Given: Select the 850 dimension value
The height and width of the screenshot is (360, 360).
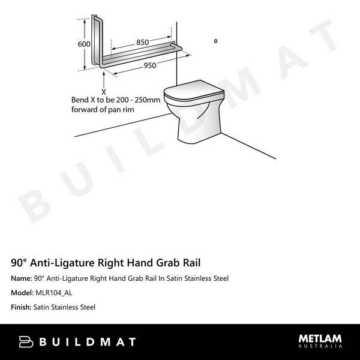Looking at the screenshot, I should point(142,43).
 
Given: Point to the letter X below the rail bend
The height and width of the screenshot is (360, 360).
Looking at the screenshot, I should point(104,91).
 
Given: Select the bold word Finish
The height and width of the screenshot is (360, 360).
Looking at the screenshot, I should point(21,307).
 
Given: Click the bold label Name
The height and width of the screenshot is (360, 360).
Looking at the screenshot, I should point(21,278).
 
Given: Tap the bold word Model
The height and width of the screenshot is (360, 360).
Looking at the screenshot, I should point(22,293).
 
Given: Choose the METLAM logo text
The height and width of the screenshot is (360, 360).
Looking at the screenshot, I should point(320,339).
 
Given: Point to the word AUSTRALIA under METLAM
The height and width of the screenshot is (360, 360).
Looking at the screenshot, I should point(320,347).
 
